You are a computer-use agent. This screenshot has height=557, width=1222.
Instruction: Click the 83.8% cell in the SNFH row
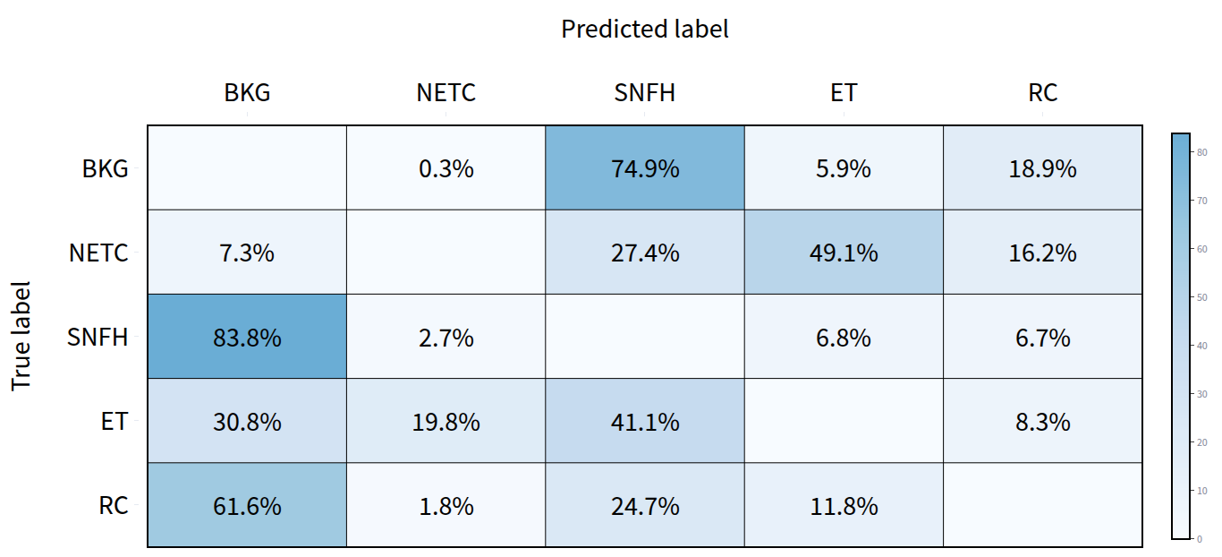pyautogui.click(x=247, y=338)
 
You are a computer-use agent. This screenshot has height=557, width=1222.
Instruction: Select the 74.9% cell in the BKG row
pyautogui.click(x=645, y=168)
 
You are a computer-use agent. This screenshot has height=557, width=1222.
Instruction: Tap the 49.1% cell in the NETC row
pyautogui.click(x=844, y=253)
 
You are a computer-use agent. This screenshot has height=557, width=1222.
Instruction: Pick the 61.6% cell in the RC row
pyautogui.click(x=247, y=506)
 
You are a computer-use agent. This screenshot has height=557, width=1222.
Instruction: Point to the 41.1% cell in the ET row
pyautogui.click(x=645, y=422)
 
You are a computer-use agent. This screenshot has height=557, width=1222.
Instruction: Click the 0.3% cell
pyautogui.click(x=446, y=168)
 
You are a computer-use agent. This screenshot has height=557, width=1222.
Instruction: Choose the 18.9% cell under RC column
pyautogui.click(x=1042, y=168)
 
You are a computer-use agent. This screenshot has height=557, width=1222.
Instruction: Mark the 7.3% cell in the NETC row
pyautogui.click(x=247, y=253)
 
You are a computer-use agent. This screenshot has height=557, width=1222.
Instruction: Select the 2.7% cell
pyautogui.click(x=446, y=338)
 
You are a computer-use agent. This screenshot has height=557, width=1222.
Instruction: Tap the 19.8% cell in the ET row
pyautogui.click(x=446, y=422)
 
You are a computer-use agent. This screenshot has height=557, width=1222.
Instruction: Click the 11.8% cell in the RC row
pyautogui.click(x=844, y=506)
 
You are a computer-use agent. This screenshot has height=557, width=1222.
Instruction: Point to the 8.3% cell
pyautogui.click(x=1042, y=422)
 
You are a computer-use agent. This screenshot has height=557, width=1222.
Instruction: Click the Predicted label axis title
pyautogui.click(x=644, y=29)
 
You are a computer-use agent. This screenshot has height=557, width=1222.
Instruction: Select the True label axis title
pyautogui.click(x=21, y=336)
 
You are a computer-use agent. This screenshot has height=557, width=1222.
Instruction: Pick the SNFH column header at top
pyautogui.click(x=644, y=92)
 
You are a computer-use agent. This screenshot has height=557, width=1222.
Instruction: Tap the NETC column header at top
pyautogui.click(x=446, y=92)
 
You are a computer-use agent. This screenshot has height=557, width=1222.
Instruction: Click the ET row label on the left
pyautogui.click(x=114, y=422)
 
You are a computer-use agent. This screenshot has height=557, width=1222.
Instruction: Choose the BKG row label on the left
pyautogui.click(x=105, y=168)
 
